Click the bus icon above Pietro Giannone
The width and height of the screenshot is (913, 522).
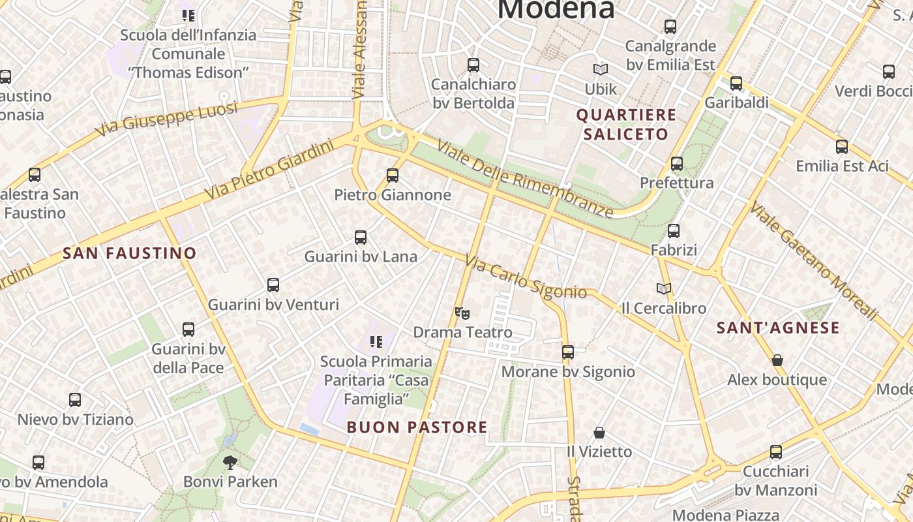tap(392, 175)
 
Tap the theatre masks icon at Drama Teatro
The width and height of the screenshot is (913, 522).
tap(462, 313)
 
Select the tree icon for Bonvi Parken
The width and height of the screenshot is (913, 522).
tap(230, 462)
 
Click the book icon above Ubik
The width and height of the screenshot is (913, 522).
tap(600, 69)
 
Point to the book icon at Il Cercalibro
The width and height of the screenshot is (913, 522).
tap(663, 288)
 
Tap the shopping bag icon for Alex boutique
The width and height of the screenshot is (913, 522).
tap(777, 360)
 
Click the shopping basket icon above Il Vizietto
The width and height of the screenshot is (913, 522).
tap(599, 432)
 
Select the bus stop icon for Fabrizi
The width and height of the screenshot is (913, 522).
tap(674, 230)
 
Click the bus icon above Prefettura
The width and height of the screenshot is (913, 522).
tap(677, 163)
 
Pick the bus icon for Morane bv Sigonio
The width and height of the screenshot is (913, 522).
tap(567, 352)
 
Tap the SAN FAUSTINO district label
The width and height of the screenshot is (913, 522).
tap(129, 253)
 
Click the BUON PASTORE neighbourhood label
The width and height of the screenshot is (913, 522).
tap(417, 427)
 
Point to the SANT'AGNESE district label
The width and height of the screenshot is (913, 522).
tap(778, 328)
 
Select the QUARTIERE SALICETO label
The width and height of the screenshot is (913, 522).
tap(626, 125)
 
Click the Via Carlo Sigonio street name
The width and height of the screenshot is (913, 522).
tap(526, 277)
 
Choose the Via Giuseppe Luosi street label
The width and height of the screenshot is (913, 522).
tap(166, 119)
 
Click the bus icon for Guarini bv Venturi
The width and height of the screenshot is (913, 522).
tap(273, 284)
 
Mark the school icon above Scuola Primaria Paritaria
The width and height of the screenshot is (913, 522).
tap(376, 341)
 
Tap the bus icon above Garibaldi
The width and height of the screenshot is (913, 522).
tap(736, 83)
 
